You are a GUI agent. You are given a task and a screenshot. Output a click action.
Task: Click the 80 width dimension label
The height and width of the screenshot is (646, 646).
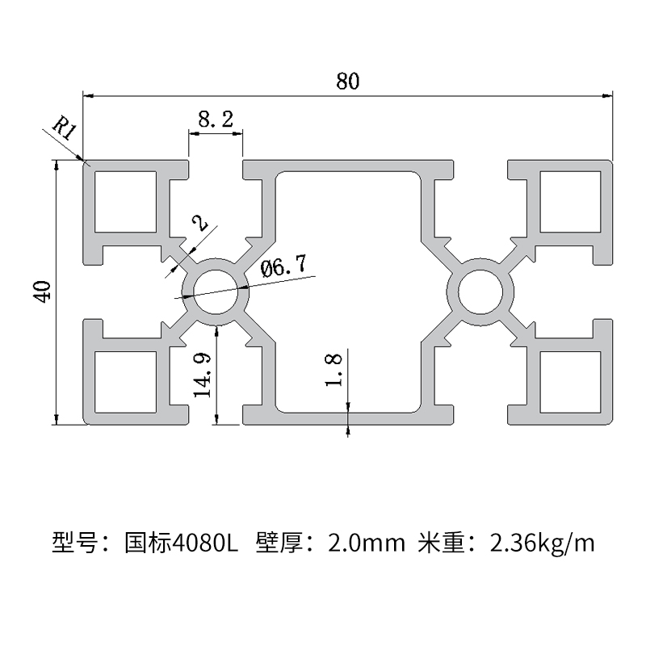347,81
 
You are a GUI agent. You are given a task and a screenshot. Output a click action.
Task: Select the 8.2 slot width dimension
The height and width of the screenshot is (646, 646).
216,120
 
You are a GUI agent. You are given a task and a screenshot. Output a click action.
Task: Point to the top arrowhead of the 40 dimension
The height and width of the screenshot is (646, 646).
57,164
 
